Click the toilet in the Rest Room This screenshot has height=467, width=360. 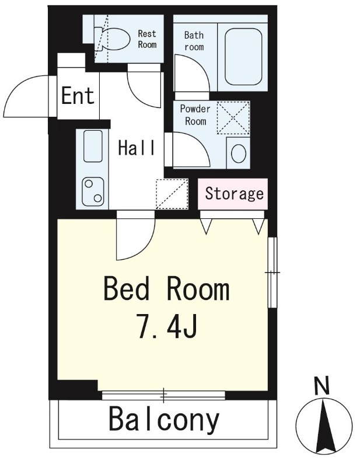coord(112,39)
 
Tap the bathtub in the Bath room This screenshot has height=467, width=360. coord(243,57)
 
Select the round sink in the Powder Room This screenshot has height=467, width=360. coord(239,154)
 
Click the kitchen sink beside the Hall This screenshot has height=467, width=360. coord(93,147)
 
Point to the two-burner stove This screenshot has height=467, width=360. coord(93,192)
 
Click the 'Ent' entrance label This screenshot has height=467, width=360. coord(78,95)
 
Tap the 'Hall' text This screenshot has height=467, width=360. coord(137,148)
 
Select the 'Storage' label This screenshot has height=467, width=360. coord(235,194)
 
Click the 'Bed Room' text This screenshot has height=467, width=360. coord(167,288)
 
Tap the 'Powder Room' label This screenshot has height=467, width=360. coord(195,115)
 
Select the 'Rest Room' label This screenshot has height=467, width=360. coord(147,39)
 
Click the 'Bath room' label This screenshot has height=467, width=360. coord(194,41)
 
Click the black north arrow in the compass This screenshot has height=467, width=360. coord(324,426)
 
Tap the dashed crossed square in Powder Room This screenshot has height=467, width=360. coord(233,118)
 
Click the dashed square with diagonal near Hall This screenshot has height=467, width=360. coord(172,194)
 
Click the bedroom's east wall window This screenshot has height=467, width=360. coord(272,272)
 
